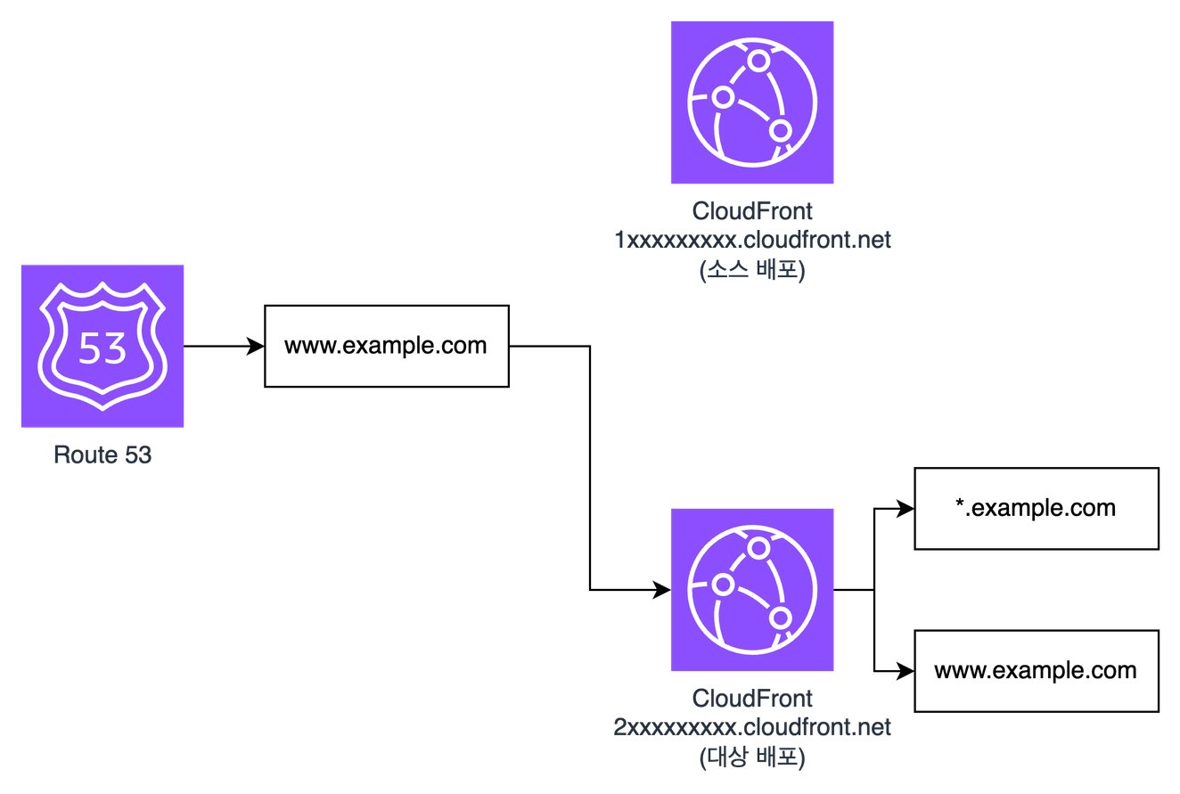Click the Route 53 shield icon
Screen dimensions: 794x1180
click(102, 346)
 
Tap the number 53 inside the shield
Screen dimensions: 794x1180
click(102, 348)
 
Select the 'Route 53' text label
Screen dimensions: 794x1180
click(102, 454)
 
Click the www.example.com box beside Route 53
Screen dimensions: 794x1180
click(386, 346)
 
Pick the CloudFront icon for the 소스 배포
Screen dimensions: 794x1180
click(752, 103)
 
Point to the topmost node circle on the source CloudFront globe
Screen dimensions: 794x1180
click(758, 61)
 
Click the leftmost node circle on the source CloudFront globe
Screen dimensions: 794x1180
click(723, 95)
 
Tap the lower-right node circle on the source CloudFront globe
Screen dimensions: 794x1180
click(781, 131)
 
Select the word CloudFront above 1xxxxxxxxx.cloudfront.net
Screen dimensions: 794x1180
click(752, 212)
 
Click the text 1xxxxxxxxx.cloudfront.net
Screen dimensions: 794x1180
click(752, 241)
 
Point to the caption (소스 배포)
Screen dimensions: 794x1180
click(752, 269)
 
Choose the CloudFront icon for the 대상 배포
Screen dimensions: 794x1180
click(752, 590)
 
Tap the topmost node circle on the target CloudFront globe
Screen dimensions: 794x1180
click(758, 547)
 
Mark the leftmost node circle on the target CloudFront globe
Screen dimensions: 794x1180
click(723, 583)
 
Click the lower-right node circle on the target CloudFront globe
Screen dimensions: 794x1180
click(781, 618)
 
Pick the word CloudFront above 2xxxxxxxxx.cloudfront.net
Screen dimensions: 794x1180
click(752, 699)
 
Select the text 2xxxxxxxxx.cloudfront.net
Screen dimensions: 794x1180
click(752, 727)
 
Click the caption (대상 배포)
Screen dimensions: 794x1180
click(752, 757)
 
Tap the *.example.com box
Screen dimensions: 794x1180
click(1036, 508)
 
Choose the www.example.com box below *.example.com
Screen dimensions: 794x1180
click(1036, 671)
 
